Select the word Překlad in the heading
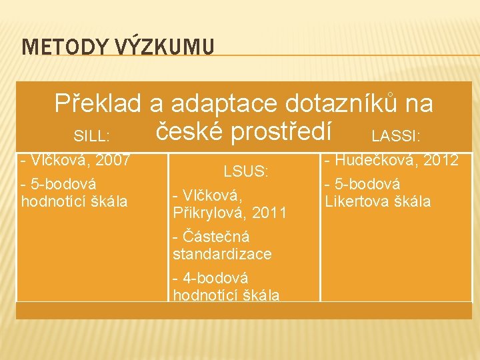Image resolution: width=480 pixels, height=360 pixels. click(97, 103)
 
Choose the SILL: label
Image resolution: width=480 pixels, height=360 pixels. click(91, 137)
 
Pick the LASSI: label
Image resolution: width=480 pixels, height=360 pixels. click(396, 137)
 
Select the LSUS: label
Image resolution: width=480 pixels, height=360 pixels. click(246, 171)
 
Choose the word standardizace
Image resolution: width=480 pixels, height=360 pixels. click(222, 254)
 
